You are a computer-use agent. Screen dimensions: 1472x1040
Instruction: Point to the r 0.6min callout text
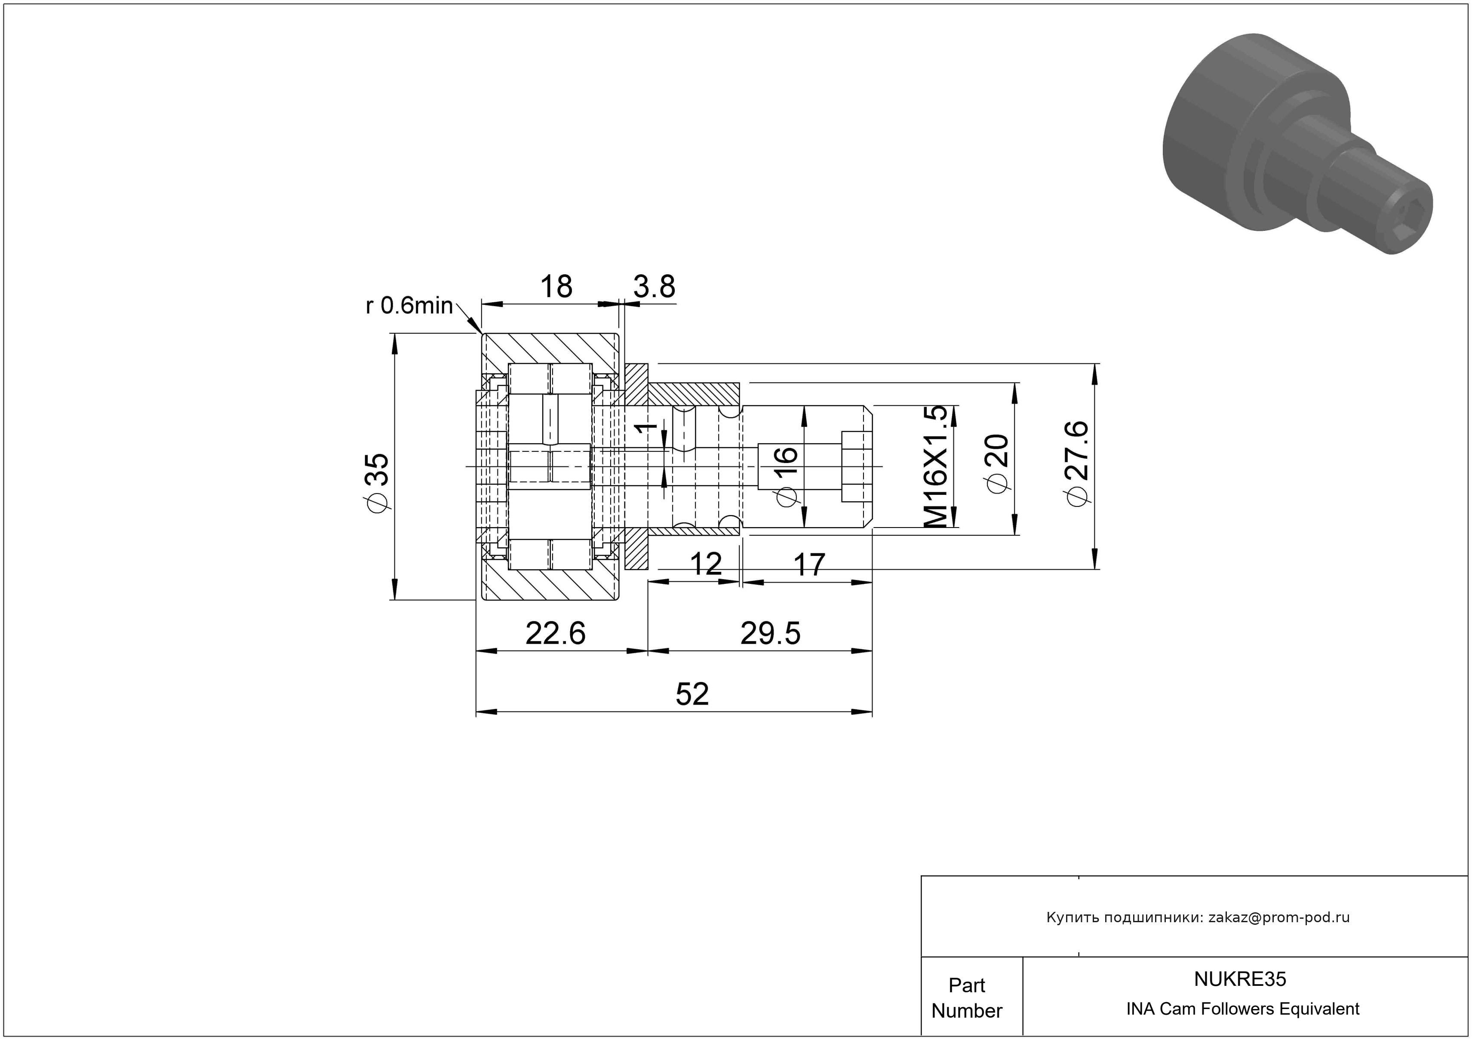(409, 306)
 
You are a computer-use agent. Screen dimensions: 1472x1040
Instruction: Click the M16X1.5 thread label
(935, 466)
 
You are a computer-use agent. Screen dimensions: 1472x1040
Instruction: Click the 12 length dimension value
(706, 564)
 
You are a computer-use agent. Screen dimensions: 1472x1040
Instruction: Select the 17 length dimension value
(809, 564)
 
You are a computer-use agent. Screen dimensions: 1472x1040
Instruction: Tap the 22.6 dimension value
(555, 634)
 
